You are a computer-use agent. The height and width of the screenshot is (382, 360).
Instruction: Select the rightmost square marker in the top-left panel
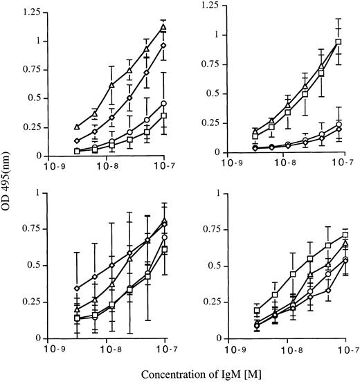pos(164,116)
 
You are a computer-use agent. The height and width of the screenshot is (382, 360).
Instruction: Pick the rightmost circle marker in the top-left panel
pos(164,103)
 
